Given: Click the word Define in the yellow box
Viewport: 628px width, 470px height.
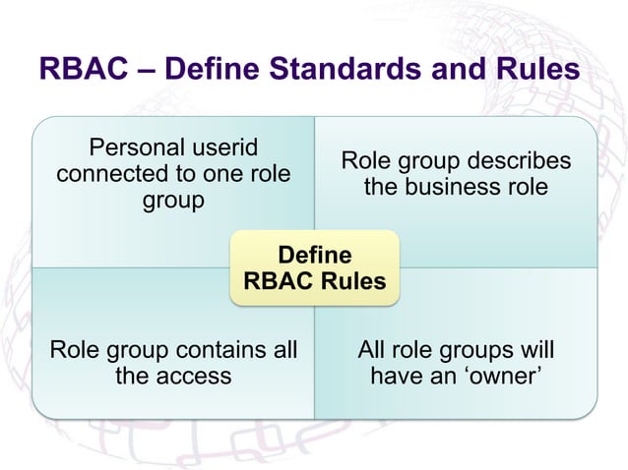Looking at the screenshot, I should pos(315,254).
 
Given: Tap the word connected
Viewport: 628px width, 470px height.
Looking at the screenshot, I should pos(109,174).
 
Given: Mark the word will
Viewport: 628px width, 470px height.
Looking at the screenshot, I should pos(536,350).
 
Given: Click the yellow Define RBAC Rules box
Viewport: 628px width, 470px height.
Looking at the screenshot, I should pos(315,267).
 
